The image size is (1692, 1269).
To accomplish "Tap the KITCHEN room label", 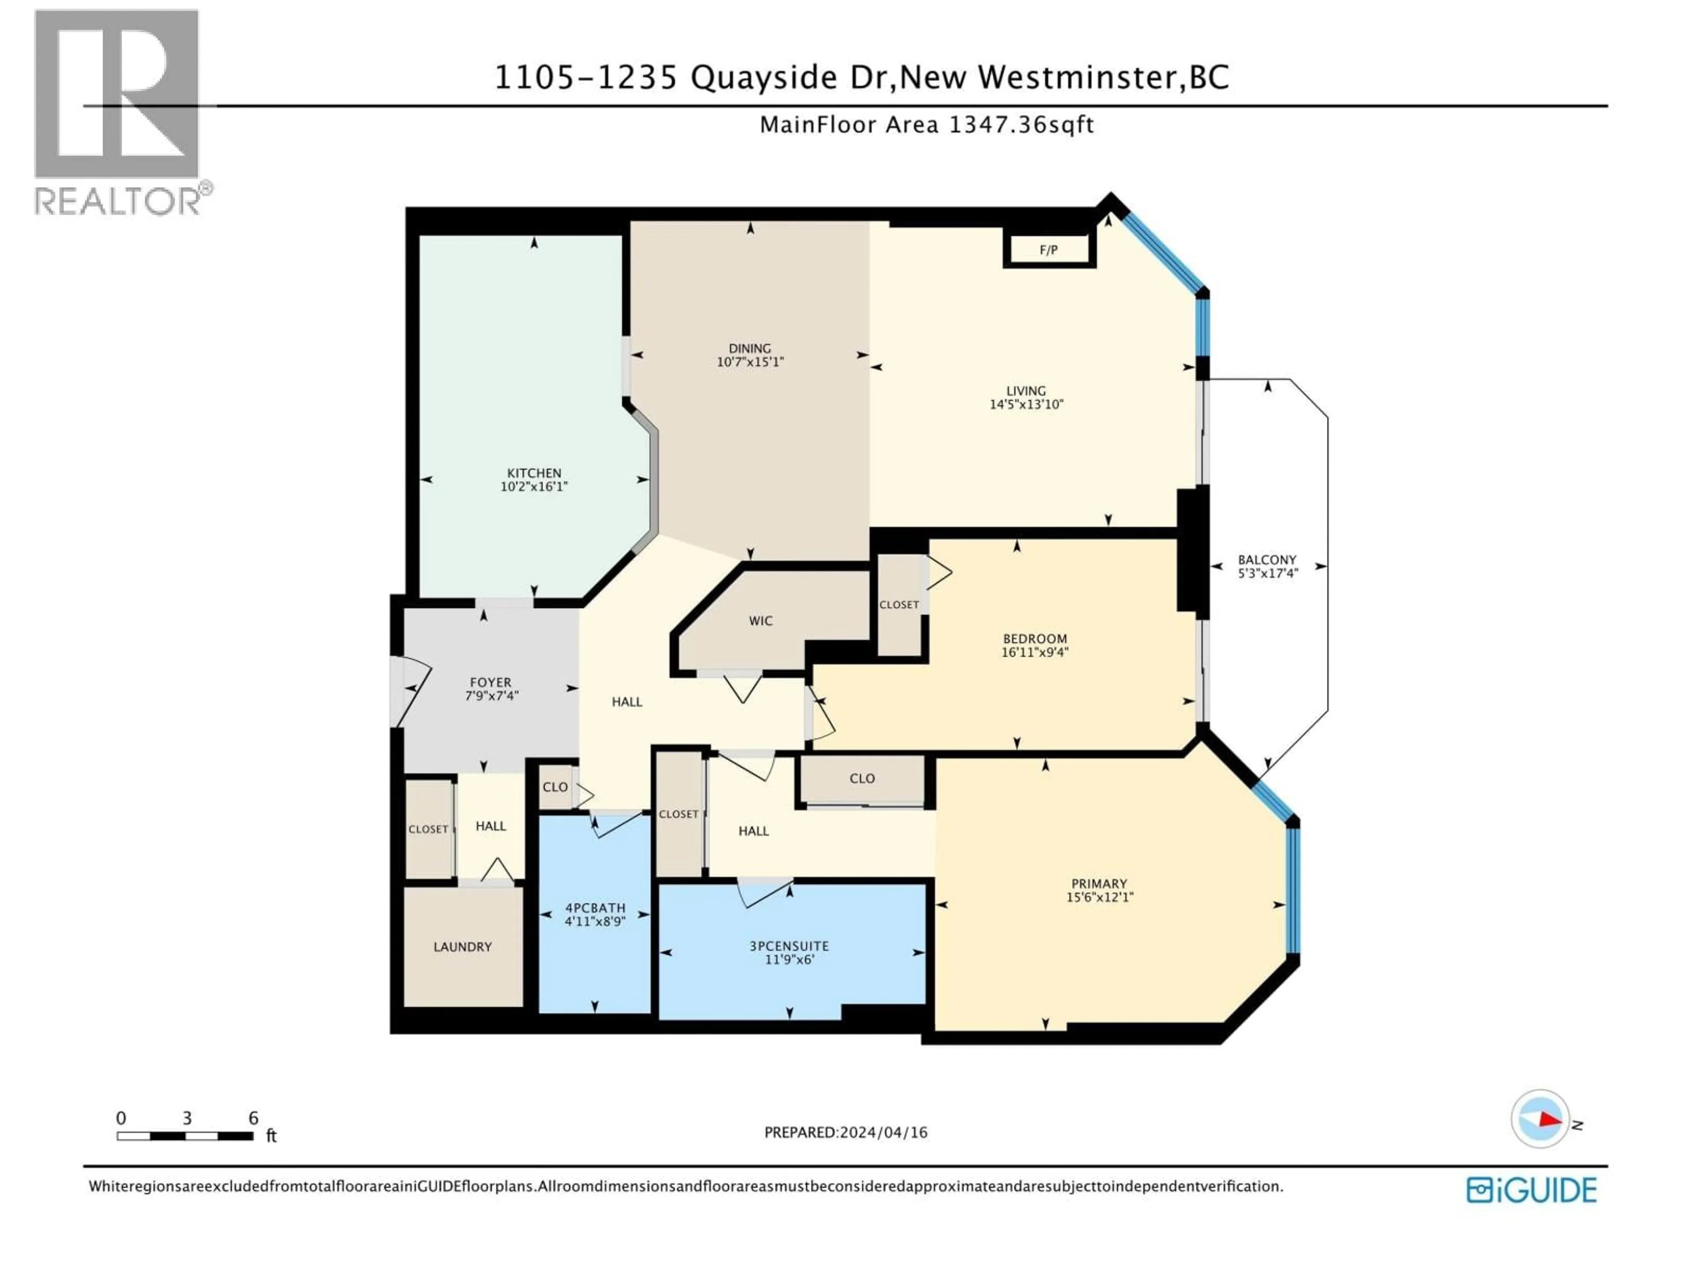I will click(534, 473).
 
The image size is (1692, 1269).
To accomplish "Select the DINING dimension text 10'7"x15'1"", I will click(750, 362).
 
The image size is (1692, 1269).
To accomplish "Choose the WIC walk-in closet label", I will click(761, 620).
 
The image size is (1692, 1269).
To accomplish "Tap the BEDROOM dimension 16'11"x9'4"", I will click(1034, 653).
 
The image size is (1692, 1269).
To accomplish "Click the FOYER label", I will click(490, 682).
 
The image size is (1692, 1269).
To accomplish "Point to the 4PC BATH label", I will click(595, 908).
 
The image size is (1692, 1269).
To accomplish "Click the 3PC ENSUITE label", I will click(789, 946).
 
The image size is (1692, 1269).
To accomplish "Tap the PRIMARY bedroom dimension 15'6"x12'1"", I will click(1099, 897).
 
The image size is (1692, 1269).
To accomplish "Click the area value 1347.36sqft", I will click(1021, 125).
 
